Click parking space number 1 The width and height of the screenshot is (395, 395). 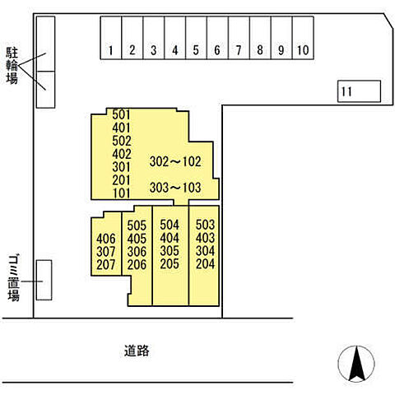[x=111, y=38]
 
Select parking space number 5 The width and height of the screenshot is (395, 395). [x=196, y=38]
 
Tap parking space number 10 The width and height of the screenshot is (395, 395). [x=303, y=38]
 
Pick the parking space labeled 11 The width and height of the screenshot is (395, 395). [x=359, y=91]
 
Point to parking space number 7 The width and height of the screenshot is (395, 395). [x=239, y=38]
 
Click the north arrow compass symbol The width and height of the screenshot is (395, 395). [x=356, y=364]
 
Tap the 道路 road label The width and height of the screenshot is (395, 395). [x=137, y=351]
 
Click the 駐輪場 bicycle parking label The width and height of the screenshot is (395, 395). [x=12, y=66]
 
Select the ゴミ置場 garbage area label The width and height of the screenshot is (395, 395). [x=13, y=278]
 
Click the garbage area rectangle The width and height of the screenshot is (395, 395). [x=44, y=280]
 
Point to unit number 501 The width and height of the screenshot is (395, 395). [x=121, y=114]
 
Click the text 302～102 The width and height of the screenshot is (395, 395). [x=175, y=161]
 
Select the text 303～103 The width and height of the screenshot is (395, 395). [x=175, y=188]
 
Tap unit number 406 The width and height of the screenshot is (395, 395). [x=106, y=239]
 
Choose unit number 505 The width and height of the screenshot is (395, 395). [x=137, y=225]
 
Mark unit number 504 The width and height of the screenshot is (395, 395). [x=170, y=225]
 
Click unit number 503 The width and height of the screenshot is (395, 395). [x=205, y=225]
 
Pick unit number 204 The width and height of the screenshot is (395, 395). [x=205, y=264]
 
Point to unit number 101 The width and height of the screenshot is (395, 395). [x=121, y=193]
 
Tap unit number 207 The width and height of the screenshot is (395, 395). [x=106, y=265]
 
